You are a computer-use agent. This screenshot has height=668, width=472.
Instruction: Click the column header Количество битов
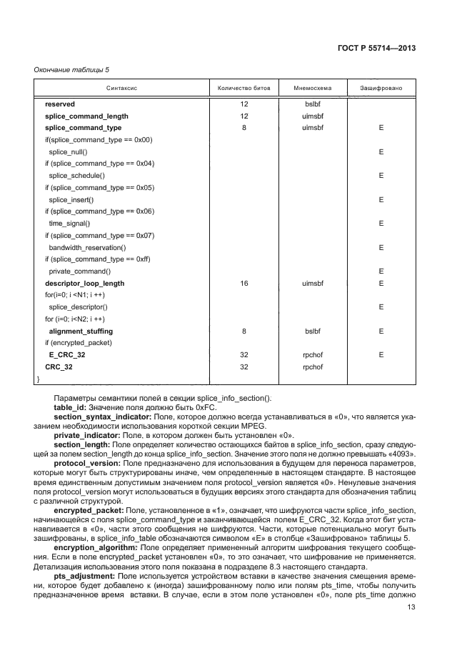point(244,88)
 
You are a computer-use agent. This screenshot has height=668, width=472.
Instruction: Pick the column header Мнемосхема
point(313,88)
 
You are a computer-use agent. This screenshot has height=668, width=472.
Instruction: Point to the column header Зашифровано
point(381,88)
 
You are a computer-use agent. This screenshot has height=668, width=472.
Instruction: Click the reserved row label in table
point(60,104)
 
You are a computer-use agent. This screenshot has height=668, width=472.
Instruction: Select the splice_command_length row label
point(86,116)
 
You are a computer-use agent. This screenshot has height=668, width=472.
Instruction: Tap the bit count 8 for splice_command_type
point(244,128)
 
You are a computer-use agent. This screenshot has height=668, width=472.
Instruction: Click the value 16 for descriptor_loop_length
point(244,283)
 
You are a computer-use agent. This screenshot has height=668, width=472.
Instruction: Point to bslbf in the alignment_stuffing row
point(313,331)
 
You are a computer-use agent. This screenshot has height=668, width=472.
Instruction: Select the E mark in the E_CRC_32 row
point(381,355)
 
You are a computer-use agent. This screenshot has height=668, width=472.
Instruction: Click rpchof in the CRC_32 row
point(313,367)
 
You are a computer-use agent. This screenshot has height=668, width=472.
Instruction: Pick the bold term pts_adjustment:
point(84,574)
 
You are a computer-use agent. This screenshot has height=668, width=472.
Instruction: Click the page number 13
point(411,608)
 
